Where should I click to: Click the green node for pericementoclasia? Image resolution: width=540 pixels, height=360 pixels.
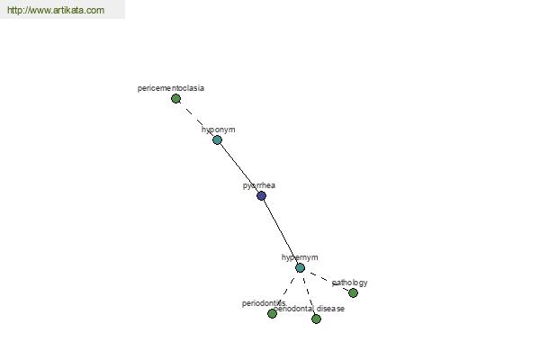point(175,98)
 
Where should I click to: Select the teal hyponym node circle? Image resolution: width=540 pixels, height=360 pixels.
point(217,139)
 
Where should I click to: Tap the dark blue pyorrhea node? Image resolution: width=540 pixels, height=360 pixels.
point(261,195)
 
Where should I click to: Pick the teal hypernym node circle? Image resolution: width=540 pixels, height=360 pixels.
point(300,267)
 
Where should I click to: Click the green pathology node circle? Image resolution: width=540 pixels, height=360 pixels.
point(353,292)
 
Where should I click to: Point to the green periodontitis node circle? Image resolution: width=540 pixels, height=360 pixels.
point(272,313)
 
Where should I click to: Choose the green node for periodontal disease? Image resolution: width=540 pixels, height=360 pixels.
point(316,319)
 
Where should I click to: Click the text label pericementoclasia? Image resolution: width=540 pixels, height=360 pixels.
point(170,88)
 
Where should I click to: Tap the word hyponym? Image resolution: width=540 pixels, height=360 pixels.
point(218,130)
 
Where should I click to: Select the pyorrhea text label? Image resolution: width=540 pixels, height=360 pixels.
point(259,185)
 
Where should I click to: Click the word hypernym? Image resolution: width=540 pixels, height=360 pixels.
point(300,257)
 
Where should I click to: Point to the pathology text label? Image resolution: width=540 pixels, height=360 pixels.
point(350,283)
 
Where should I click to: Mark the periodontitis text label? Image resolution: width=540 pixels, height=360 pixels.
point(263,303)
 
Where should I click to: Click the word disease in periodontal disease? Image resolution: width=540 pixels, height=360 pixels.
point(330,309)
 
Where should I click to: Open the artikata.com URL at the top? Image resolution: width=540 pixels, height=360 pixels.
point(56,11)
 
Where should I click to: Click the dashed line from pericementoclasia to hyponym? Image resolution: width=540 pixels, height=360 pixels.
point(196,119)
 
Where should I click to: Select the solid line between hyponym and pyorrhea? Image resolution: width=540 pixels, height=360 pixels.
point(238,167)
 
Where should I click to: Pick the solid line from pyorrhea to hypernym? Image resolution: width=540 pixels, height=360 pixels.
point(280,231)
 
